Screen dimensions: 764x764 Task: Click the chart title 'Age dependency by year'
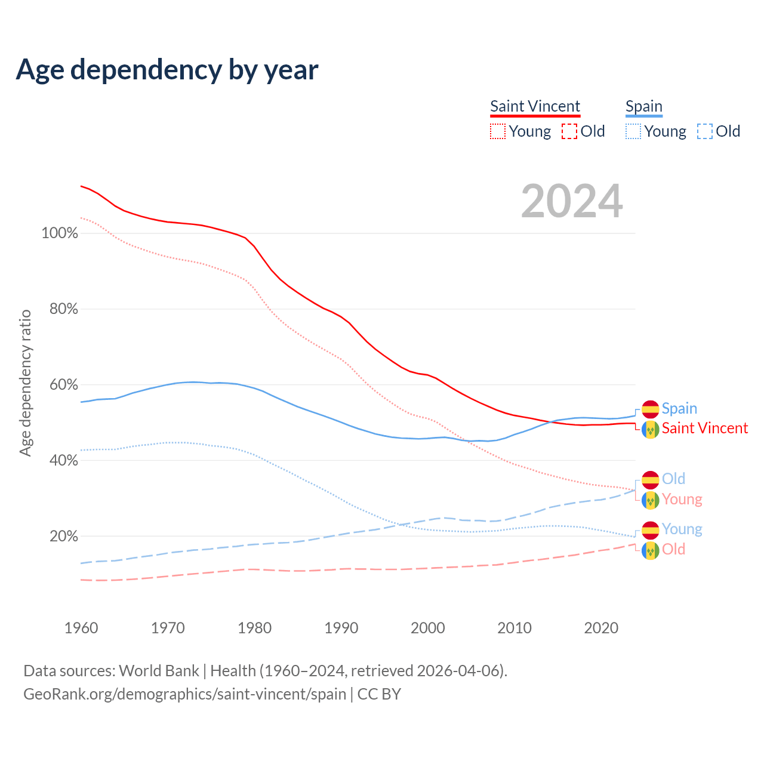coord(167,70)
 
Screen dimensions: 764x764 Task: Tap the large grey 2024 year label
coord(572,201)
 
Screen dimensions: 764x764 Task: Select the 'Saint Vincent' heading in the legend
coord(535,106)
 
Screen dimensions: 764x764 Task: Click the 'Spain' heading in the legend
coord(643,106)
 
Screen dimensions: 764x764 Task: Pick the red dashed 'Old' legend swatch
coord(569,131)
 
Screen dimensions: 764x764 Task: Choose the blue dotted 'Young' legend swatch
coord(633,131)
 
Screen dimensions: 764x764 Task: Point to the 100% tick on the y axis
coord(60,233)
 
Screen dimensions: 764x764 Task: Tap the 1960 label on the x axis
coord(81,628)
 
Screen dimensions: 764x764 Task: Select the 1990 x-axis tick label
coord(341,628)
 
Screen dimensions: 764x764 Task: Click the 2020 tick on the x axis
coord(601,628)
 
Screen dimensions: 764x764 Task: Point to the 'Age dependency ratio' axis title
coord(25,383)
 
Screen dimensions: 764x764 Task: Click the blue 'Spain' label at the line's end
coord(679,409)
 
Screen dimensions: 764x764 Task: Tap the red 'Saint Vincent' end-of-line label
coord(704,429)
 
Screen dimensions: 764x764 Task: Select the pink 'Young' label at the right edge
coord(682,500)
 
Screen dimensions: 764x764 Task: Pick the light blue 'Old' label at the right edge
coord(673,479)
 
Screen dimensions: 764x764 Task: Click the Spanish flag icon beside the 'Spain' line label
coord(651,409)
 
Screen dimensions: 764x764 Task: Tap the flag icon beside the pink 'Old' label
coord(651,550)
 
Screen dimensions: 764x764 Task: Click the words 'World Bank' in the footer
coord(159,671)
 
